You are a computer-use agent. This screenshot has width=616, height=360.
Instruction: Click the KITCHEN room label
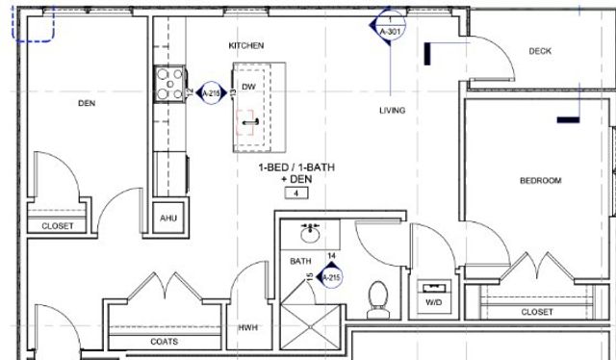click(x=246, y=46)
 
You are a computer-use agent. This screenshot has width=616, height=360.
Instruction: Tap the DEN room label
click(x=89, y=102)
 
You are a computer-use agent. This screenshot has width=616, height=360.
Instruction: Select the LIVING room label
click(x=392, y=111)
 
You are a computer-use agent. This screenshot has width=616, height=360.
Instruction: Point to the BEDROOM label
click(x=540, y=181)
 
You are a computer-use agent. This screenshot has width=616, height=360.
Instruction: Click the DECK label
click(x=540, y=52)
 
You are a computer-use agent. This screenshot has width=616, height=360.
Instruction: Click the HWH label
click(x=248, y=328)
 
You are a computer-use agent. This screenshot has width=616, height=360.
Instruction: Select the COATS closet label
click(x=164, y=341)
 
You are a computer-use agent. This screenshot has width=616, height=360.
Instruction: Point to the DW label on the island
click(x=248, y=87)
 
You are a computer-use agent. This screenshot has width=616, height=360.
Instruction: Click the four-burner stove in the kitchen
click(x=170, y=84)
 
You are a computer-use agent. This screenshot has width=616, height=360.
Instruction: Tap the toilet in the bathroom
click(x=378, y=296)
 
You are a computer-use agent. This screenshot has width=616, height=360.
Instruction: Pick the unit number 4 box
click(x=296, y=193)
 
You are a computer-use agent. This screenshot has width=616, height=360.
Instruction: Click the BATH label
click(x=301, y=262)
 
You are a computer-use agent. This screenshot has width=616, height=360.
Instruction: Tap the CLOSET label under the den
click(x=57, y=226)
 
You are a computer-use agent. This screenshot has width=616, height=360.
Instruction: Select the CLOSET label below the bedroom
click(x=537, y=312)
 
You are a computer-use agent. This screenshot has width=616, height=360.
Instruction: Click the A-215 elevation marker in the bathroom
click(x=330, y=277)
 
